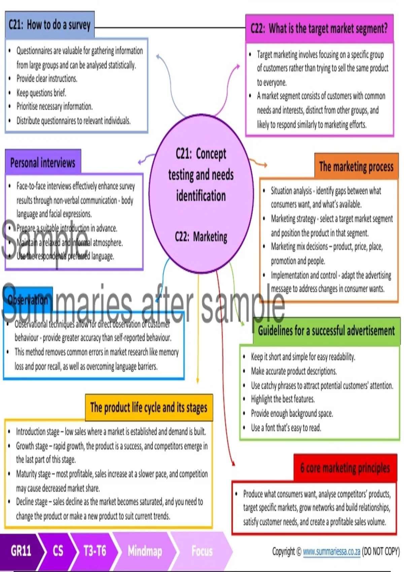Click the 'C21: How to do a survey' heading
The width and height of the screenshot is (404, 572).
50,25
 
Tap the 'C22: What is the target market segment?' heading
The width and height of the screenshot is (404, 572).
319,29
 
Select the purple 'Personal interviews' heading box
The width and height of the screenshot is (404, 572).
43,163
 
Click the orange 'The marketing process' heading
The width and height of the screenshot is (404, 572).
356,167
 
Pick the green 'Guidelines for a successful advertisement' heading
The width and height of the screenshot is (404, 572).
326,331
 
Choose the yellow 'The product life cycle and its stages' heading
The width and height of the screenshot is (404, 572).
149,407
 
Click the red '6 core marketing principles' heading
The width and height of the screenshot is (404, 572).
345,468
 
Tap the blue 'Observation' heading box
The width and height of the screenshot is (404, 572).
28,300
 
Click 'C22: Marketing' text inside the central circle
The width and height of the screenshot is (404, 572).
201,237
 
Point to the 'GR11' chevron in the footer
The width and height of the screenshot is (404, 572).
21,551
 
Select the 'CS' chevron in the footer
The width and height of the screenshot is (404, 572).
58,551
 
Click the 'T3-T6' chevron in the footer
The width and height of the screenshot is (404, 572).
95,551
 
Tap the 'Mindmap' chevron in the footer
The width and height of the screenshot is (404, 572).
145,551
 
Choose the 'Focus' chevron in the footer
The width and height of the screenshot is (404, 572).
202,551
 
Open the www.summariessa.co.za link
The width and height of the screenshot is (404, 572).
331,551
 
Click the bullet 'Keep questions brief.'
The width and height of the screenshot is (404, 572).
41,93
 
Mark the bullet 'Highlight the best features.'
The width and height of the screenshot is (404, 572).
283,399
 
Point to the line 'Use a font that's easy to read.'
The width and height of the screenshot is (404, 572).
286,428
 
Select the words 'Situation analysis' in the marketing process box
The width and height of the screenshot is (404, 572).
291,191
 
